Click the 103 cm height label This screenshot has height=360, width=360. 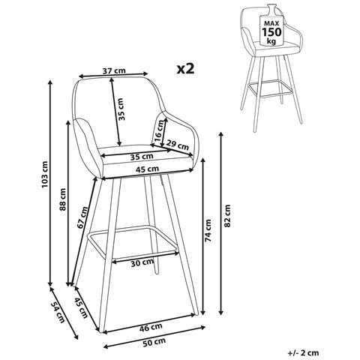pos(44,175)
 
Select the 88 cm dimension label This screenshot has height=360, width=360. pos(63,199)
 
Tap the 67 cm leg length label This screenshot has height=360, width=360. pos(82,217)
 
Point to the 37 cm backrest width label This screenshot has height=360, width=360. pos(114,70)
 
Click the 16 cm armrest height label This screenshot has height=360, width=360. pos(159,130)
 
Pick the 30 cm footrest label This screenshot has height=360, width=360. pos(142,262)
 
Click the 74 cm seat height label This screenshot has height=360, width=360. pos(208,230)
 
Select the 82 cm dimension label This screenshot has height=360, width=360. pos(227,216)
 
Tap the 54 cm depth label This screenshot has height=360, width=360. pos(57,312)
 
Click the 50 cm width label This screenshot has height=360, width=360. pos(154,341)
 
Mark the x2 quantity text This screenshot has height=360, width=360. pos(185,68)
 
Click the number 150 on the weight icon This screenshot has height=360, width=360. pos(271,32)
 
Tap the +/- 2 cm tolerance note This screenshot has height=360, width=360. pos(303,352)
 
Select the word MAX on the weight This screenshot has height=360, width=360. pos(271,23)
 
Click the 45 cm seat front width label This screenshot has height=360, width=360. pos(147,169)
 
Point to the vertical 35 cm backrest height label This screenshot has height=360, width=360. pos(121,109)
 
